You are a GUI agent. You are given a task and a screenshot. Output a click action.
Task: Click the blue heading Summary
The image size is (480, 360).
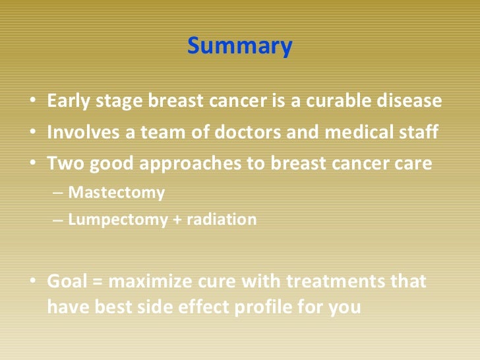coord(240,46)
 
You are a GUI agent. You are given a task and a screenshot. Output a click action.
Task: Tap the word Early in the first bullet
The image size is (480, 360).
coord(68,101)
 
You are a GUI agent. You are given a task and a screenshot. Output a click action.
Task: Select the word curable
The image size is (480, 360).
coord(338,100)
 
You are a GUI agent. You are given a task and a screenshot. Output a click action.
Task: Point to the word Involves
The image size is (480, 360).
coord(83,132)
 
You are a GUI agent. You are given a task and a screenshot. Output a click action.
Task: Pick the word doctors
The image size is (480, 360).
coord(247,132)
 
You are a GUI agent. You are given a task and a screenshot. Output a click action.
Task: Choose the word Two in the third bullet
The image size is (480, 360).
coord(65,163)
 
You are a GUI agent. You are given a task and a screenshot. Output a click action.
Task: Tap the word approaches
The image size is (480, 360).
coord(190,164)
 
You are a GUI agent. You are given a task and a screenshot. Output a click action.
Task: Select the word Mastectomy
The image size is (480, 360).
coord(116,193)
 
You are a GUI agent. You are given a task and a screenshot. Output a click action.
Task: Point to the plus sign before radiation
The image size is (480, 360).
coord(177,220)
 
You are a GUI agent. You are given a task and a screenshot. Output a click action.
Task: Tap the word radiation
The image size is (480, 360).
coord(222,220)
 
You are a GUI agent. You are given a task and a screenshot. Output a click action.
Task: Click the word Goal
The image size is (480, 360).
coord(67,281)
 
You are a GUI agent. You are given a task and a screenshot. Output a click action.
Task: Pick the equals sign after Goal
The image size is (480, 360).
coord(98,282)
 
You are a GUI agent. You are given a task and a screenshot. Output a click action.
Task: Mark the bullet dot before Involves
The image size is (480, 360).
coord(33,131)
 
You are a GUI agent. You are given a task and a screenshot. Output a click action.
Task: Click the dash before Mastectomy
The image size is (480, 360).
coord(58,193)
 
